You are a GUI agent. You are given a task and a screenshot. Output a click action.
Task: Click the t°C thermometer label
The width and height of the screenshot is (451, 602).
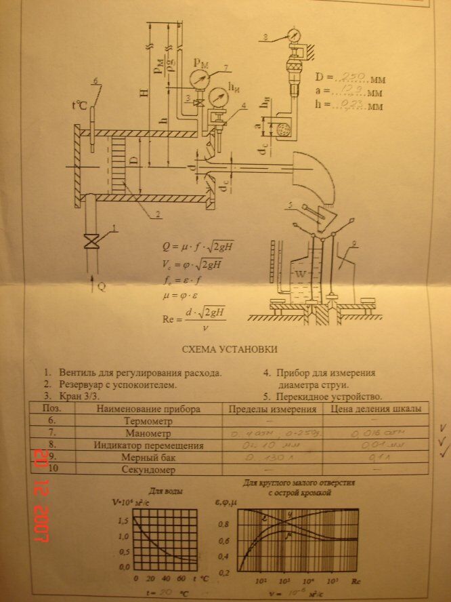coord(79,105)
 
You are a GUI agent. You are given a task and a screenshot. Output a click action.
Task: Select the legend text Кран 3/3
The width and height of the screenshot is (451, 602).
coord(76,396)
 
